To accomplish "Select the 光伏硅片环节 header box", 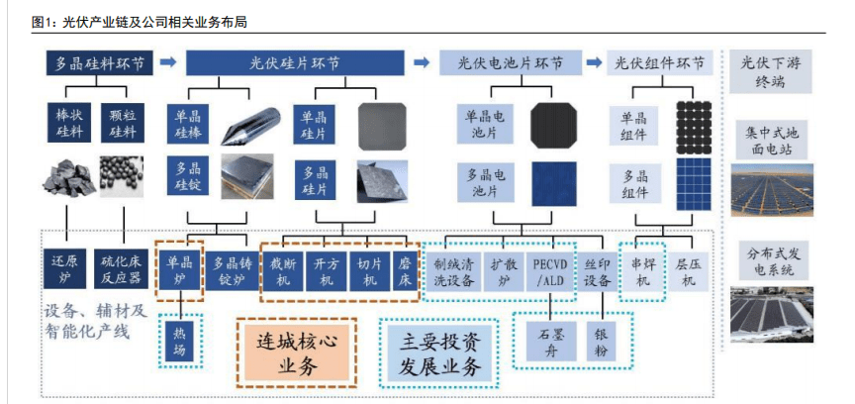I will [x=294, y=63].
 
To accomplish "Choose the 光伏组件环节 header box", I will [x=660, y=63].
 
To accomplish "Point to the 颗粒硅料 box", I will [x=125, y=122].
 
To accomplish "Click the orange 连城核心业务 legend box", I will [x=297, y=353].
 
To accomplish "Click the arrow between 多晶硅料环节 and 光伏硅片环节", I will [x=167, y=63].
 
